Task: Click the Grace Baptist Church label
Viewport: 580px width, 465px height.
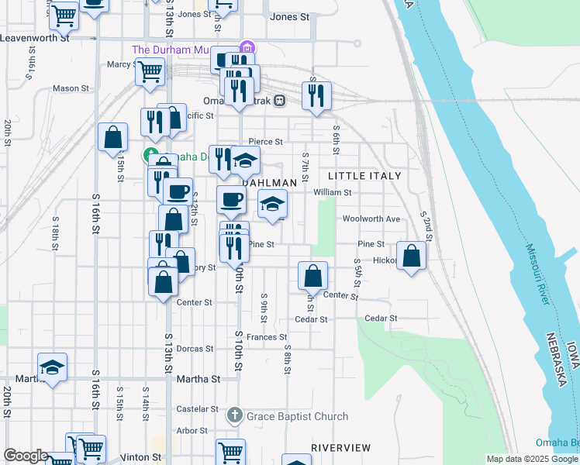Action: pyautogui.click(x=297, y=417)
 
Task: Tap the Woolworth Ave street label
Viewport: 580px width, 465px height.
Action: pyautogui.click(x=371, y=219)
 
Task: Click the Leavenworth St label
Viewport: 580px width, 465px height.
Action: pyautogui.click(x=35, y=37)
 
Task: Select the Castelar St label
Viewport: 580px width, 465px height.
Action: pyautogui.click(x=198, y=408)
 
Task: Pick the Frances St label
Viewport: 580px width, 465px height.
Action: pyautogui.click(x=268, y=337)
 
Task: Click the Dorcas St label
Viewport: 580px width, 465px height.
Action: pyautogui.click(x=195, y=349)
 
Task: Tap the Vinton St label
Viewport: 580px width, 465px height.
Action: pyautogui.click(x=140, y=457)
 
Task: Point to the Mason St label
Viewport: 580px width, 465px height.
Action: pyautogui.click(x=71, y=88)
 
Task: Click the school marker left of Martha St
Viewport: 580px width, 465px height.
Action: pyautogui.click(x=52, y=367)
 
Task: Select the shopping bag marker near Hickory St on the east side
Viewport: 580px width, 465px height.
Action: pyautogui.click(x=411, y=256)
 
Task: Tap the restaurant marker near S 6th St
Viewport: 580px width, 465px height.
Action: pyautogui.click(x=316, y=95)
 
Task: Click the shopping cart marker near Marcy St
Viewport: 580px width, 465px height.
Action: pyautogui.click(x=150, y=72)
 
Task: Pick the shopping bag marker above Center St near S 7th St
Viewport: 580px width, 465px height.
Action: pyautogui.click(x=312, y=275)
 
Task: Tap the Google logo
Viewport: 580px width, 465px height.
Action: pyautogui.click(x=26, y=456)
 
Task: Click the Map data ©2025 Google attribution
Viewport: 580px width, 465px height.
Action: pyautogui.click(x=532, y=459)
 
